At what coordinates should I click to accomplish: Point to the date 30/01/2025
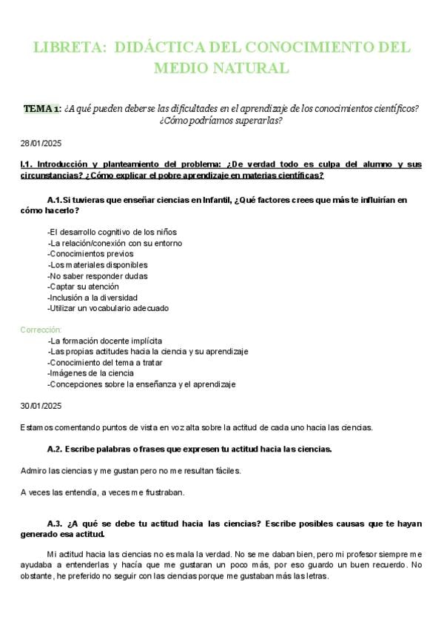click(x=41, y=406)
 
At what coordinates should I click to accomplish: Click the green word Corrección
click(x=41, y=330)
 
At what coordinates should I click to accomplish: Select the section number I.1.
click(x=26, y=164)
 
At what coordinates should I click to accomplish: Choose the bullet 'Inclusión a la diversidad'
click(x=92, y=297)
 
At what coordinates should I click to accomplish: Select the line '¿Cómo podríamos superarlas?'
click(x=221, y=121)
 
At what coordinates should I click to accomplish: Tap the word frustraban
click(x=164, y=492)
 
